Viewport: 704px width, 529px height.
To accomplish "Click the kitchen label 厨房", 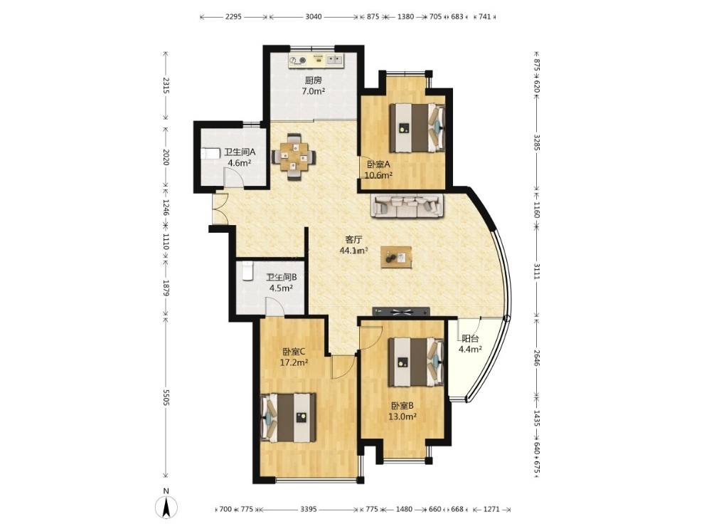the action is pos(314,80).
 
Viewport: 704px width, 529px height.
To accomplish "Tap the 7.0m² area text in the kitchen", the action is pos(314,91).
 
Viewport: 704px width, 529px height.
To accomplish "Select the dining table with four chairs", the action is pos(294,157).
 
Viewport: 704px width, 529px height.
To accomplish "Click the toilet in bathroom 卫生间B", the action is pos(247,271).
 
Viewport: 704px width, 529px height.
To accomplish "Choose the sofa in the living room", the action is pos(407,205).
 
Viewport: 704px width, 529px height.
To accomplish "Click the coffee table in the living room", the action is pos(397,258).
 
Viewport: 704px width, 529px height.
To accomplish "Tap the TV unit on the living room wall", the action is pos(401,311).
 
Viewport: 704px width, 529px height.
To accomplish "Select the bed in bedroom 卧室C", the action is pos(288,417).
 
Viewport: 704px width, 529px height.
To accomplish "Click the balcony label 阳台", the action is pos(470,339).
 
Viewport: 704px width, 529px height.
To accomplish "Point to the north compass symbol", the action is pos(166,506).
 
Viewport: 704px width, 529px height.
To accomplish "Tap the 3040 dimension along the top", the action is pos(314,16).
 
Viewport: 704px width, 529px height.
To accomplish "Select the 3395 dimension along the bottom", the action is pos(309,509).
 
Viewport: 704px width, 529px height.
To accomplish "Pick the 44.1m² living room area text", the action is pos(354,251).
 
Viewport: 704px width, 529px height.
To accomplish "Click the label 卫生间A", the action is pos(240,152).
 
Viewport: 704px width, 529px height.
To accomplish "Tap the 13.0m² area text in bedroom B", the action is pos(402,417).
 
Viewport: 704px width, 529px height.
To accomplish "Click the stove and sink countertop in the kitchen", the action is pos(316,61).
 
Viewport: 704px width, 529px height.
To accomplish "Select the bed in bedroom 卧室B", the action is pos(417,362).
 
